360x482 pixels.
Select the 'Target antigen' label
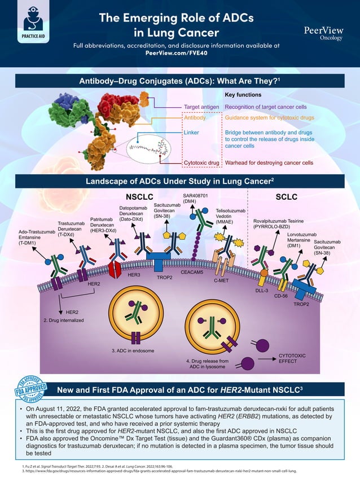tap(202, 107)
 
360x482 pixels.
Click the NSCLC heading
tap(139, 198)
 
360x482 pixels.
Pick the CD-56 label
tap(281, 295)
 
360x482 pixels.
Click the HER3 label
tap(134, 274)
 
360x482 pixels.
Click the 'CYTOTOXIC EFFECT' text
tap(292, 358)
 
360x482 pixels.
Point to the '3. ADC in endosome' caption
tap(133, 351)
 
